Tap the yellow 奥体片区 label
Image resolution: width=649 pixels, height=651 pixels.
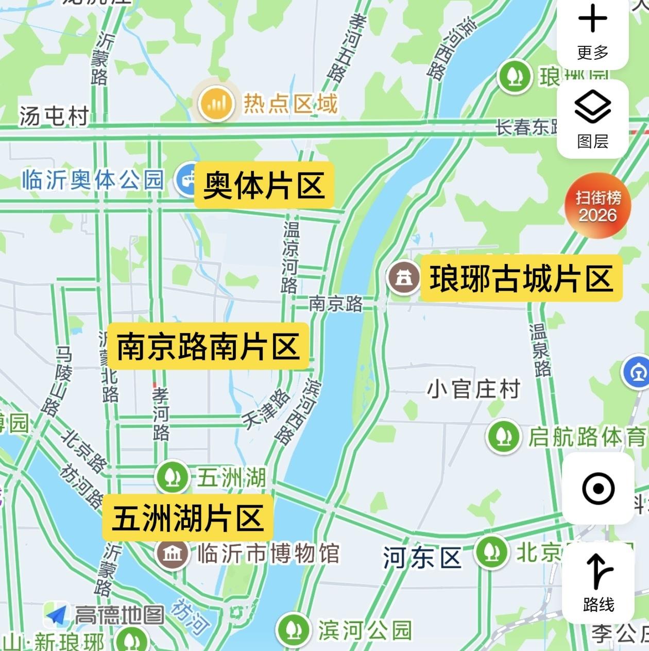pos(264,185)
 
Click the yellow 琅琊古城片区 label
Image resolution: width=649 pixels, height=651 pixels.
pos(521,278)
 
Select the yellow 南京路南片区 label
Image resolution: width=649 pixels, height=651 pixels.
pos(208,346)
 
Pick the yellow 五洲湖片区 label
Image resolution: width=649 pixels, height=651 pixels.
pos(187,518)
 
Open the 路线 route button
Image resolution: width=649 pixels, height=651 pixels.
pos(598,582)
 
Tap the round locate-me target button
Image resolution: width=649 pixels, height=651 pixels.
pos(598,488)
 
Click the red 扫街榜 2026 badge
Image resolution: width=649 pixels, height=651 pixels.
pos(597,206)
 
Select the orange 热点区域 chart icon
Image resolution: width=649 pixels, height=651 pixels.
pos(216,103)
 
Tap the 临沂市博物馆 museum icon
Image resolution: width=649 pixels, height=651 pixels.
pos(173,554)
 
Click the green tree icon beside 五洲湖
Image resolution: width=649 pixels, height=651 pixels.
pos(173,477)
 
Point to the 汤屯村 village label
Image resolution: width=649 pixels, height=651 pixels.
pos(54,116)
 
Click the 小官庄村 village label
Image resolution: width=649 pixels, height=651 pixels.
pos(473,389)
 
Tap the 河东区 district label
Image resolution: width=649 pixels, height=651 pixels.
pos(422,558)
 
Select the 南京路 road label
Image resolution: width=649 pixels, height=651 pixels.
pos(335,304)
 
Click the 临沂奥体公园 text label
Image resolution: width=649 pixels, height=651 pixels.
pos(93,180)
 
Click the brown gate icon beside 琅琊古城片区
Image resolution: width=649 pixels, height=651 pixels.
pos(404,277)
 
